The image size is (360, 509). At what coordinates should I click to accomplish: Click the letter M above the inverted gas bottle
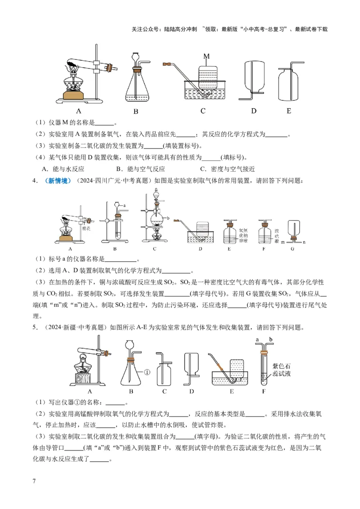207,56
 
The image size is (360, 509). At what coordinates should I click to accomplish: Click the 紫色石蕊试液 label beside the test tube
282,368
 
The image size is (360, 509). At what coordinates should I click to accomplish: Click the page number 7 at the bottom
34,482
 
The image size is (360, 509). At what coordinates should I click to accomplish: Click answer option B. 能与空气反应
140,169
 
